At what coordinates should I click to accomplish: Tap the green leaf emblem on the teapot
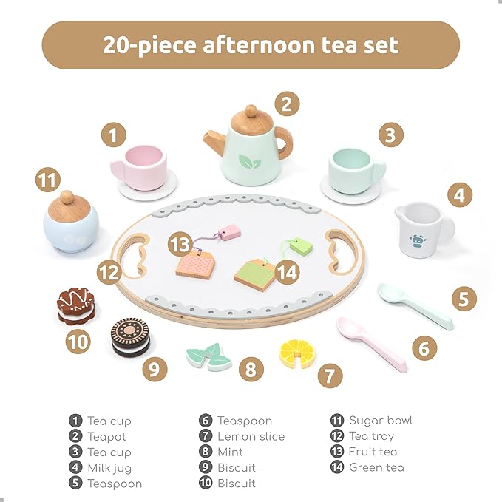(x=250, y=160)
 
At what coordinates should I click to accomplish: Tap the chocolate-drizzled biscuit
(x=76, y=306)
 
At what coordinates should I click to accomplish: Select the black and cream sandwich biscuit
(x=129, y=337)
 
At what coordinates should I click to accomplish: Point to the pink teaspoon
(x=371, y=342)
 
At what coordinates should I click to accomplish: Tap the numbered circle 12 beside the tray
(x=109, y=272)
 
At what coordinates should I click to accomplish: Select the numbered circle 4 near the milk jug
(x=459, y=196)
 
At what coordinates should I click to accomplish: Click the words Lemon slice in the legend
(x=251, y=436)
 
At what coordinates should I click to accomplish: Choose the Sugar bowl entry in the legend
(x=381, y=421)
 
